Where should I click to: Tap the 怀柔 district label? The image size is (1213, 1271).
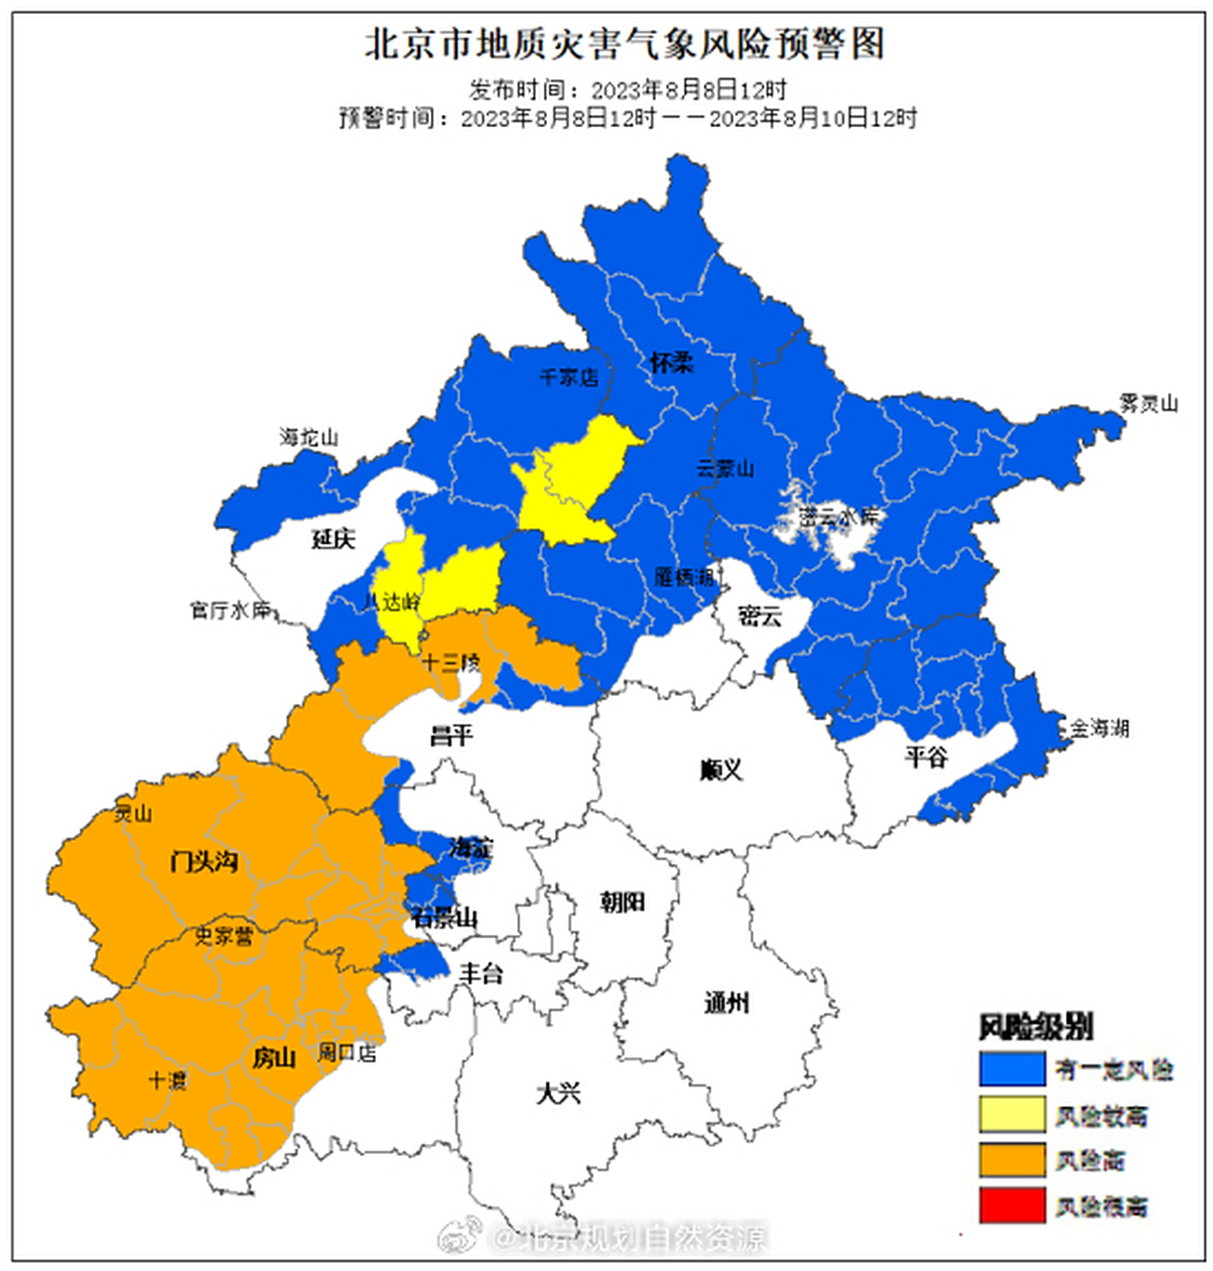(671, 362)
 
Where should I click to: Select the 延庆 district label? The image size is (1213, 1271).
(333, 539)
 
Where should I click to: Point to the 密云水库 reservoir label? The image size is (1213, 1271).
(840, 517)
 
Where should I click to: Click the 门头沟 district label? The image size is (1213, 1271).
(203, 861)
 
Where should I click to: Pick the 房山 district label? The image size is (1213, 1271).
(274, 1059)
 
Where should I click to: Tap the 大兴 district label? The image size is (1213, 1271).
(558, 1093)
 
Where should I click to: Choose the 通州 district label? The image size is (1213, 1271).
(727, 1003)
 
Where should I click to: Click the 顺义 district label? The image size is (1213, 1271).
(721, 770)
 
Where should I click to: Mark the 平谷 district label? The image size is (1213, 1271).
(925, 758)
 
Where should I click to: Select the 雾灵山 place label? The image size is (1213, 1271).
(1147, 403)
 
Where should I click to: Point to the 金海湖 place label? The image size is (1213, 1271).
(1098, 728)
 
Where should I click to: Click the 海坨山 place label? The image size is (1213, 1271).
(309, 437)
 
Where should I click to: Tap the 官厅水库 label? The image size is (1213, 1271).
(230, 610)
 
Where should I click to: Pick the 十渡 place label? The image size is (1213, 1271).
(167, 1080)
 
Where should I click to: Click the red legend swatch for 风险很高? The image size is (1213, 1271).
(1011, 1205)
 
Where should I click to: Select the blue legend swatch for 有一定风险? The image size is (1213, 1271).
(1011, 1069)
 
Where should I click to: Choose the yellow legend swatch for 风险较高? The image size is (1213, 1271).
(1011, 1115)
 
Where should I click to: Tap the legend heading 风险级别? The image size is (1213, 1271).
(1036, 1027)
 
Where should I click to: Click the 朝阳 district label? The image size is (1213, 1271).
(622, 902)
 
